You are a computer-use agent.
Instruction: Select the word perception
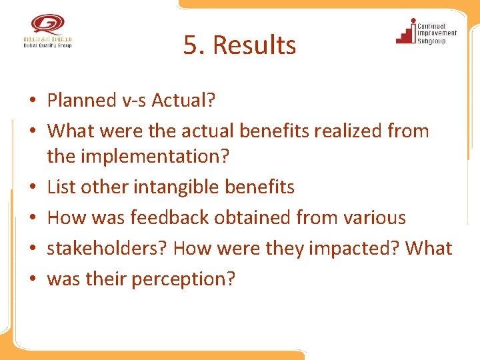pyautogui.click(x=183, y=279)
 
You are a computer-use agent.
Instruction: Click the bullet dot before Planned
pyautogui.click(x=32, y=101)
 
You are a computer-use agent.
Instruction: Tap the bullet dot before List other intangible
pyautogui.click(x=32, y=187)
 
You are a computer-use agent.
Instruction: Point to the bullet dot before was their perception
pyautogui.click(x=32, y=279)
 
